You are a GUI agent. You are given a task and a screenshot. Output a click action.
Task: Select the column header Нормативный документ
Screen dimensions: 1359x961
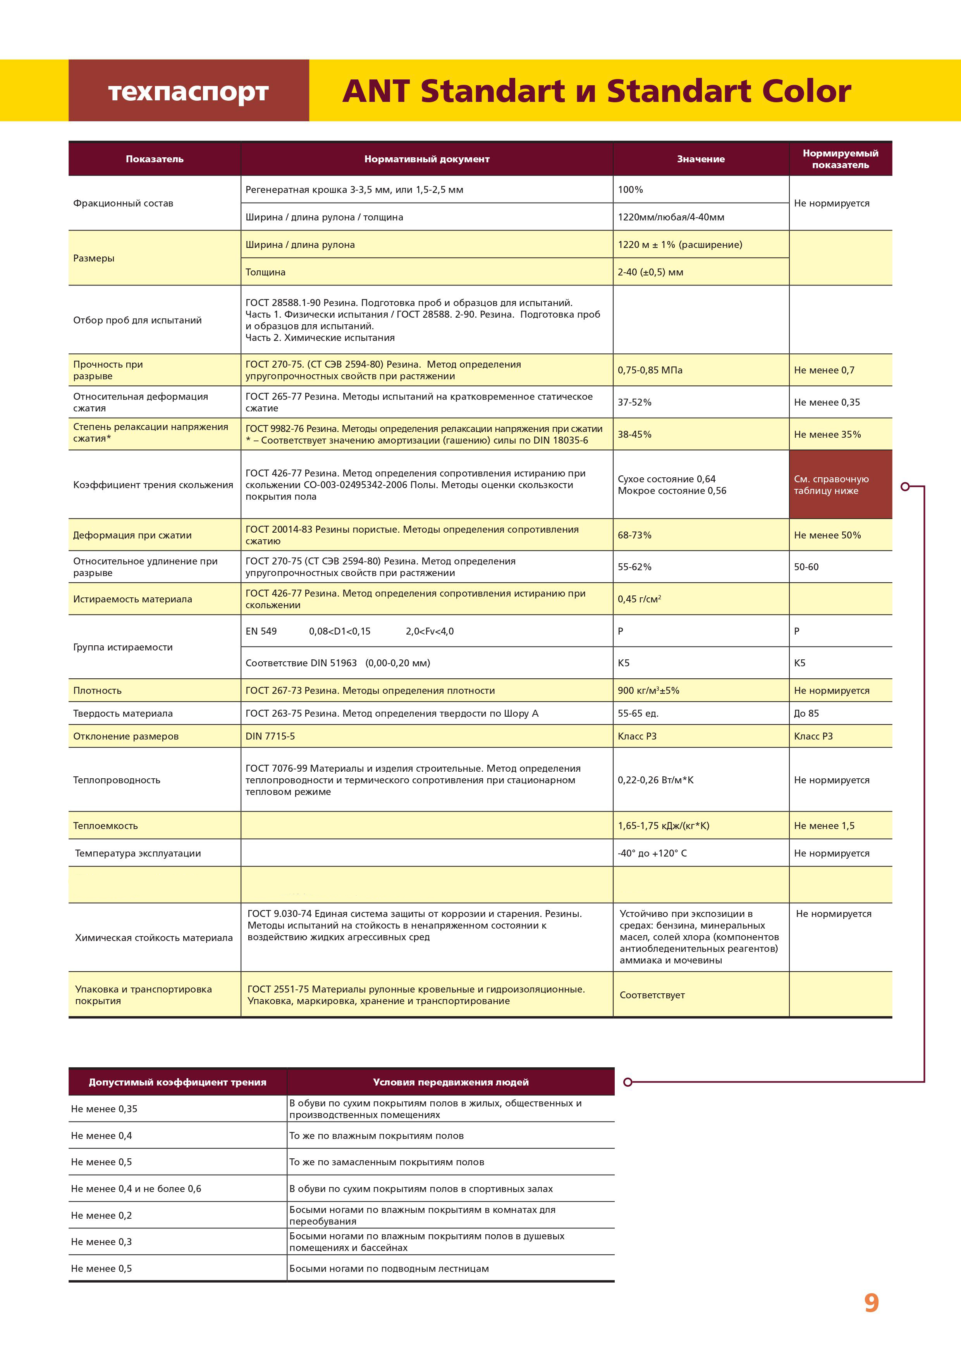(x=426, y=158)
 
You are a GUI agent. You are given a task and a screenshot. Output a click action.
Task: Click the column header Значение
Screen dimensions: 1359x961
(x=701, y=158)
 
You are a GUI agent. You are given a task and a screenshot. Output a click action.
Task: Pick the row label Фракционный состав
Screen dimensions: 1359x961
(x=123, y=203)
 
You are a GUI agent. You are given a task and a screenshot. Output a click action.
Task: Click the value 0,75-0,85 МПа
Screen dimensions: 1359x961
(x=650, y=370)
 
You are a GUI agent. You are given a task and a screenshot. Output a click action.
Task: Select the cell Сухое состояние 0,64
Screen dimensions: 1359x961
(x=666, y=479)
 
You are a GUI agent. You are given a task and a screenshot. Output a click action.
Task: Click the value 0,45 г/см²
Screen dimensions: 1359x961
(x=639, y=599)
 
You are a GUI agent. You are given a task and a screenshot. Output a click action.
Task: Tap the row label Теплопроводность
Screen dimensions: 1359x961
(x=117, y=780)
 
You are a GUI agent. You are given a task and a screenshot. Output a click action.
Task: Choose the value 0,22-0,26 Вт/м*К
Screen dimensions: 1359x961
(x=655, y=780)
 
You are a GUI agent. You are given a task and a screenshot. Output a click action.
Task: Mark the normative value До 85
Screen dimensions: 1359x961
(x=806, y=713)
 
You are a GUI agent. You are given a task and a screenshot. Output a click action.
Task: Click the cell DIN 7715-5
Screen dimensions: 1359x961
(x=270, y=736)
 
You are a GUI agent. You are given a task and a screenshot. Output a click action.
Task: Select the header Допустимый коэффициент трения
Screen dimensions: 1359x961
(x=177, y=1082)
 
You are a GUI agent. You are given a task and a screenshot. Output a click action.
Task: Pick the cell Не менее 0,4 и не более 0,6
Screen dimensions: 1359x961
(x=136, y=1189)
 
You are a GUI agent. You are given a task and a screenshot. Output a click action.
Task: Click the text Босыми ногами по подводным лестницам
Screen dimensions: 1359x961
(x=389, y=1268)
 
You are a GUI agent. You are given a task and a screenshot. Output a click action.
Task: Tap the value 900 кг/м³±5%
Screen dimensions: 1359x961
(x=648, y=691)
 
